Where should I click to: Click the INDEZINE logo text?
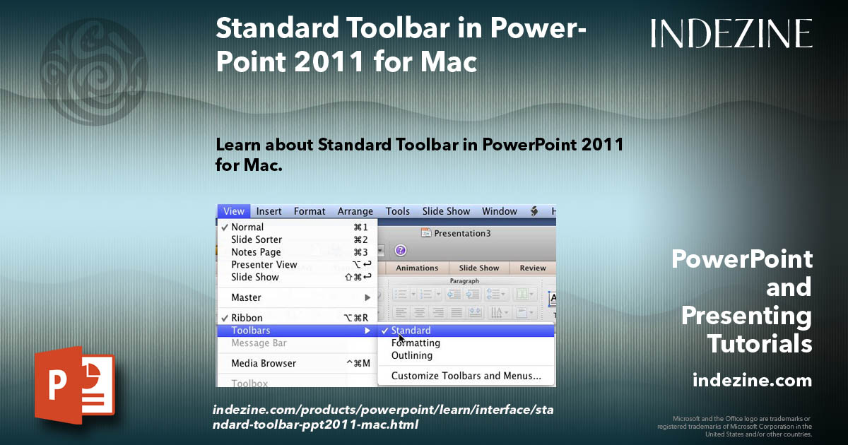click(731, 33)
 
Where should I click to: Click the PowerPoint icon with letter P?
click(74, 385)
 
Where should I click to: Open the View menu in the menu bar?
click(233, 211)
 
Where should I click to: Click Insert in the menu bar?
click(269, 211)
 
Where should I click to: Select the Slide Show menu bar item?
click(446, 211)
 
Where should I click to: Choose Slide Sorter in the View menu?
click(257, 239)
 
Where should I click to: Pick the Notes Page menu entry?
click(256, 252)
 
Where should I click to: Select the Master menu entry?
click(246, 297)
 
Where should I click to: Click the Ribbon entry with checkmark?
click(247, 318)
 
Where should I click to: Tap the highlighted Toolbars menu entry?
click(251, 331)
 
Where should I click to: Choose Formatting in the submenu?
click(416, 343)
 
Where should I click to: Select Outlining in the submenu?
click(412, 355)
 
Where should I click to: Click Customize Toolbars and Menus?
click(466, 376)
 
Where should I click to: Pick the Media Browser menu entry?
click(264, 363)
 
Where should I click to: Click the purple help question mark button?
click(401, 250)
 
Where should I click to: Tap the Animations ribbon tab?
click(417, 268)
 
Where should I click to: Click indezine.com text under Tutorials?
click(752, 381)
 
